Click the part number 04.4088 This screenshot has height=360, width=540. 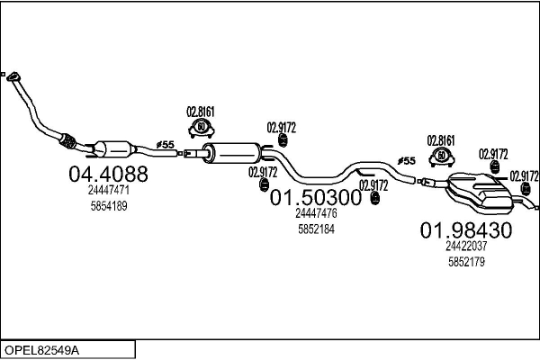[x=108, y=174]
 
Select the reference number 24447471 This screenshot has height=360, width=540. [x=108, y=191]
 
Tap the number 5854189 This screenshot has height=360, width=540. [x=108, y=206]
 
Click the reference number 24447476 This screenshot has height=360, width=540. [x=316, y=213]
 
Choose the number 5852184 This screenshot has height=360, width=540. [x=316, y=229]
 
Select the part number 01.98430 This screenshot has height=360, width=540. [x=466, y=229]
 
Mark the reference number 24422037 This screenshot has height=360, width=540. [x=466, y=246]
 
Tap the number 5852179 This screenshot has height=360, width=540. [x=466, y=262]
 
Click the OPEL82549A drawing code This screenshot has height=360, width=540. [x=45, y=349]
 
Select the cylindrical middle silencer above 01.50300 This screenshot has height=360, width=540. [x=233, y=151]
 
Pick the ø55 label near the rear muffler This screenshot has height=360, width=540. [x=407, y=161]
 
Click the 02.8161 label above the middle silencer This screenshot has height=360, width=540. [x=201, y=112]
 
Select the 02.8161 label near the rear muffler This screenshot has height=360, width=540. [x=441, y=140]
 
